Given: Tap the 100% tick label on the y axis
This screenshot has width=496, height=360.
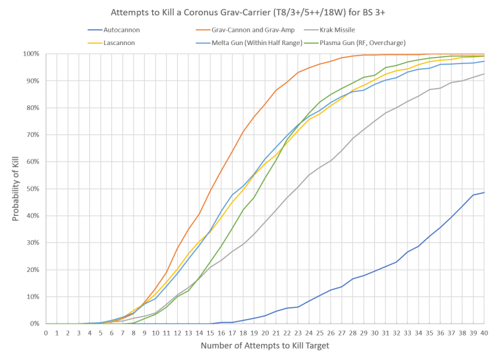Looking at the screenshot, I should (x=32, y=54).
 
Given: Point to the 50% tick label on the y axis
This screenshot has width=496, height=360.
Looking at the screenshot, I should (x=33, y=189).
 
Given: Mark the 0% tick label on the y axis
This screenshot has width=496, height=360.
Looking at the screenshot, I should (x=36, y=324).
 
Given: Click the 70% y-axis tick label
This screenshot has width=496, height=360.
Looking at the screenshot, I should (x=33, y=134).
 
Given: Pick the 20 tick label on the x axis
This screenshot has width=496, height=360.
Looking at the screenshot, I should (x=265, y=333).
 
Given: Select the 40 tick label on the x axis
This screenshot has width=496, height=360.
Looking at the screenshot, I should (x=484, y=333).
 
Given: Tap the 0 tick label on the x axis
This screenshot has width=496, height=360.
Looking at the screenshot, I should (x=46, y=333).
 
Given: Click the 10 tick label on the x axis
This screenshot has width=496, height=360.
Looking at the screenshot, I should (x=155, y=333).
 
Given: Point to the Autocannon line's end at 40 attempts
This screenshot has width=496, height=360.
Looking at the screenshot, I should (x=484, y=193).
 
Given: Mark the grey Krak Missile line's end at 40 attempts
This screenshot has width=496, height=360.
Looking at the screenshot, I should (x=484, y=74).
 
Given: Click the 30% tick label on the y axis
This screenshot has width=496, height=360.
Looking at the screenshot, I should (x=33, y=242).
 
